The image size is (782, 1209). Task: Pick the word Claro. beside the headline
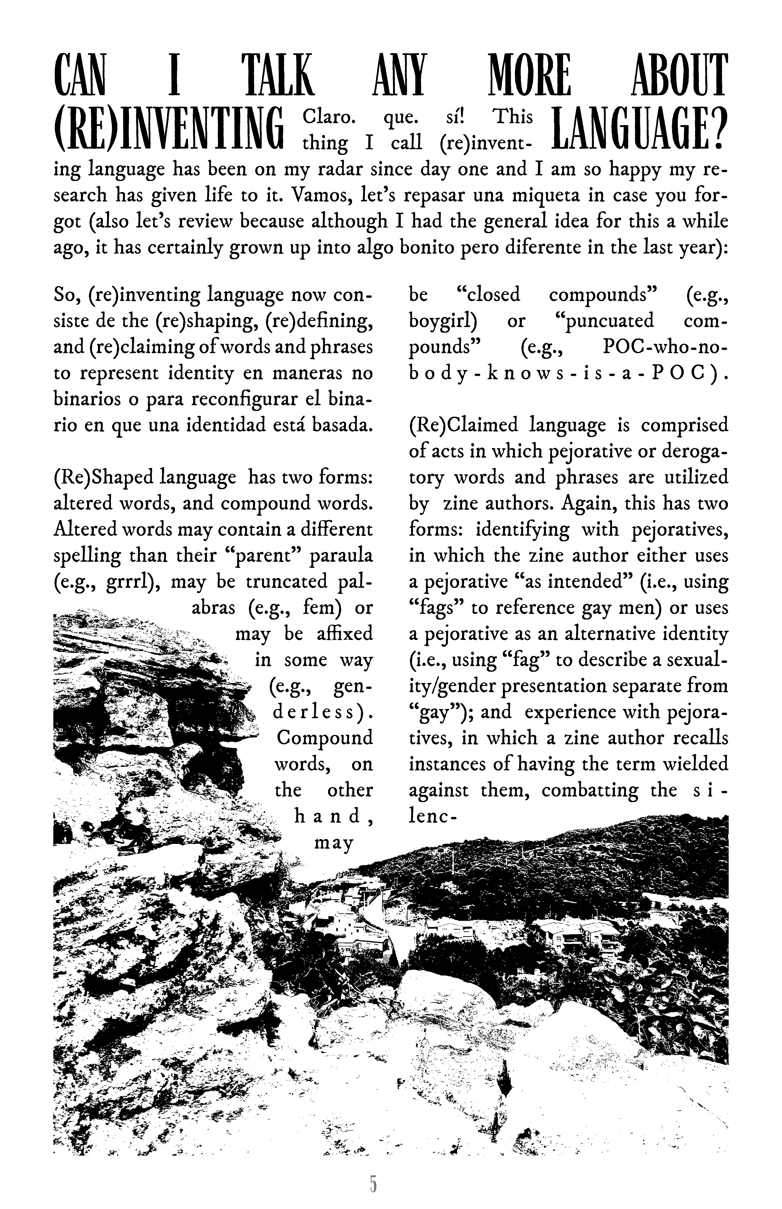[x=326, y=117]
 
